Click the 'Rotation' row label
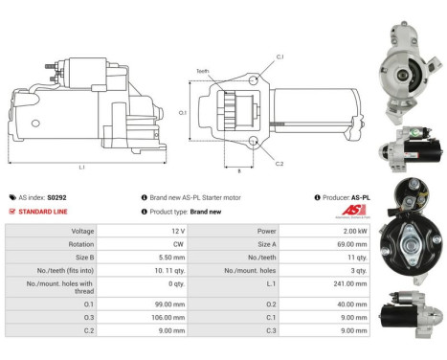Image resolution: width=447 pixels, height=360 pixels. tap(80, 244)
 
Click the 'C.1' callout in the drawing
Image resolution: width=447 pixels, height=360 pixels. tap(279, 57)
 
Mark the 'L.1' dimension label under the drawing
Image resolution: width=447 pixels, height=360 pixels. tap(80, 167)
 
